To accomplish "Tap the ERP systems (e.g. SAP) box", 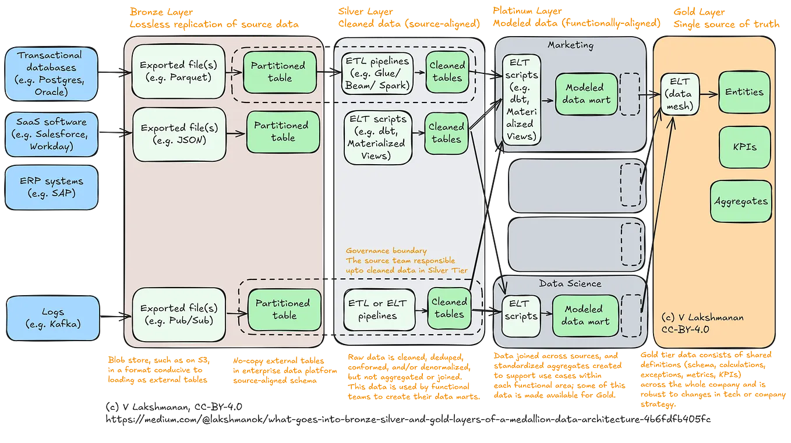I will [x=51, y=187].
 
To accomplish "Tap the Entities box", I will [x=744, y=92].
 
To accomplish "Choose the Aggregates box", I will [x=741, y=201].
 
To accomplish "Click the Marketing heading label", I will [x=570, y=45].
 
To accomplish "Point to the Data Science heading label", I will [x=570, y=283].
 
